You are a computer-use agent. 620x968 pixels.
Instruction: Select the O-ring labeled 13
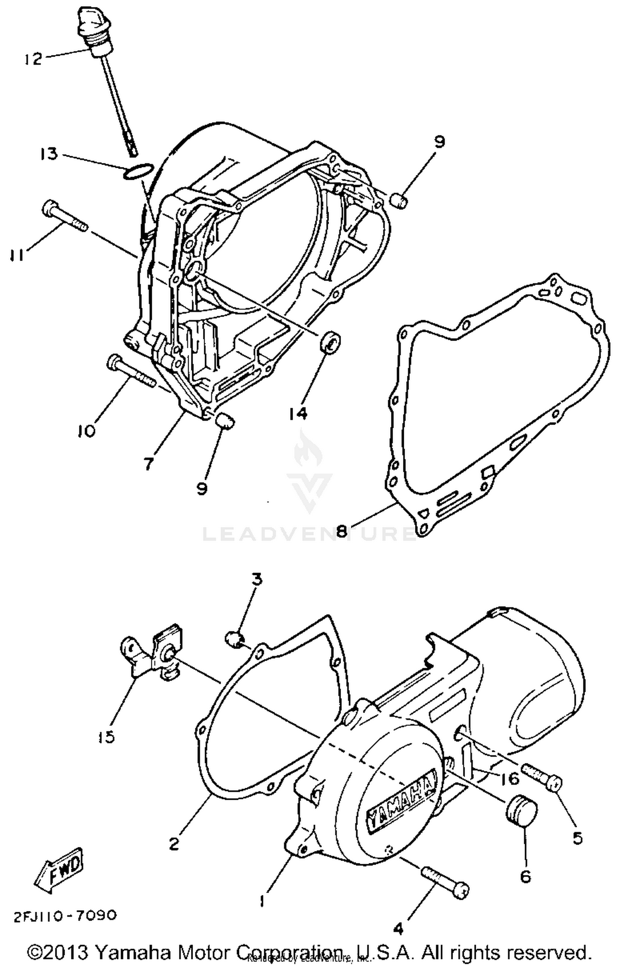139,171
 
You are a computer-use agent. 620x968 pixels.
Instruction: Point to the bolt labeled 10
131,370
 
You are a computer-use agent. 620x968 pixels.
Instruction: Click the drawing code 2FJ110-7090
65,916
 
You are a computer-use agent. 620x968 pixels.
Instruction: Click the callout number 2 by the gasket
174,844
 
